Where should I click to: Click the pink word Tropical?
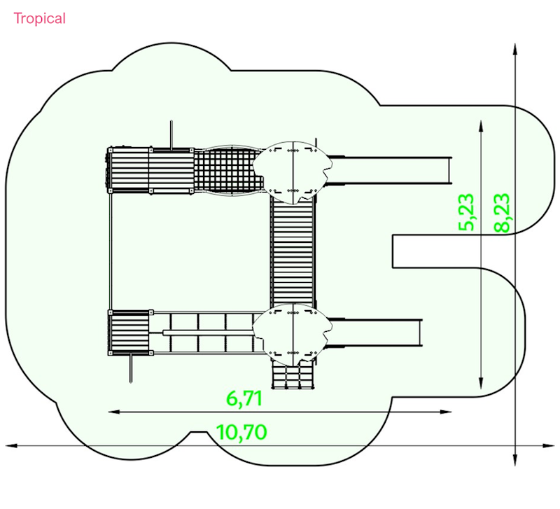pos(39,19)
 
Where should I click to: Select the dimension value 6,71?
pos(244,398)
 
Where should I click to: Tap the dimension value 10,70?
pos(241,432)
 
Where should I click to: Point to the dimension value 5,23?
pos(466,212)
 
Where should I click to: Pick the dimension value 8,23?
pos(501,213)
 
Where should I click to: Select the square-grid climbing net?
pos(229,171)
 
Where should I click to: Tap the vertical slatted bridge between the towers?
pos(293,253)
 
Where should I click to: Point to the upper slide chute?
pos(389,170)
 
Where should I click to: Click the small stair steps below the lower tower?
pos(293,375)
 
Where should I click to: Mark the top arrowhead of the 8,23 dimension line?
pos(515,48)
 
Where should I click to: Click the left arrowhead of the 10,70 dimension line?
pos(11,446)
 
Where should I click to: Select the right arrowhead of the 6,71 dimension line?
pos(446,412)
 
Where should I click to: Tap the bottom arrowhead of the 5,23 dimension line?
pos(481,383)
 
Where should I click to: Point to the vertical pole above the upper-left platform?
pos(171,135)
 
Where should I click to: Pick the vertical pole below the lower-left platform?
pos(131,368)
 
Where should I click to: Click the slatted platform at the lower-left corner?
pos(130,333)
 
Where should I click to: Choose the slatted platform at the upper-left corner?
pos(150,170)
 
